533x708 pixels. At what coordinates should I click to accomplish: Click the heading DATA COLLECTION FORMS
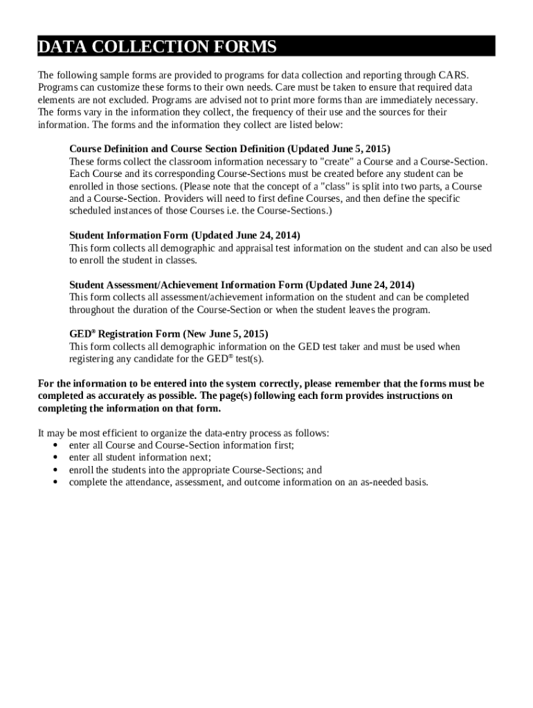[x=157, y=47]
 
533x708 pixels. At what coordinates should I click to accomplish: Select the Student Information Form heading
[x=185, y=236]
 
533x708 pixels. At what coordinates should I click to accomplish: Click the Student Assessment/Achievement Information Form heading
[x=242, y=285]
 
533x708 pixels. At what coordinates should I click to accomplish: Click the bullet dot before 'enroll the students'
[x=55, y=470]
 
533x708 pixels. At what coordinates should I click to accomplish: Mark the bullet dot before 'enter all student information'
[x=55, y=458]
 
